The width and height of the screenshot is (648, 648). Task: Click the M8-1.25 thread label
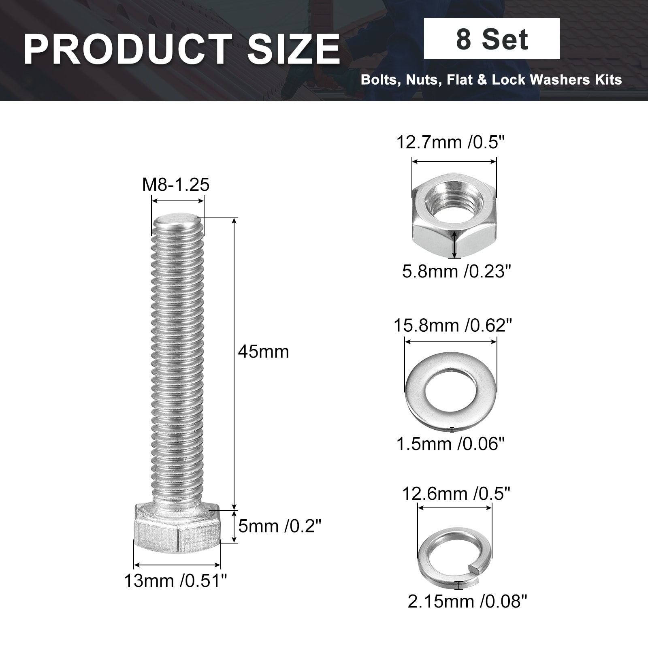175,185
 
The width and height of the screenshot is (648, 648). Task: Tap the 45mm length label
263,352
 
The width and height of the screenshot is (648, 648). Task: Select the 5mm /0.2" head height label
279,526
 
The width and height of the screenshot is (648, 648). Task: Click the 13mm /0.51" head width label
175,581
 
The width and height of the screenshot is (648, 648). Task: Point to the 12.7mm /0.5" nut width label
450,143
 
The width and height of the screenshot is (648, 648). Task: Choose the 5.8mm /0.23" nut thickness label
456,271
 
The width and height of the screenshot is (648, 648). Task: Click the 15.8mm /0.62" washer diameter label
453,325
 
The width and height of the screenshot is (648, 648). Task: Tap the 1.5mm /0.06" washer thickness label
450,444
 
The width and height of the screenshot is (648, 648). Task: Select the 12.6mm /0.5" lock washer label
456,494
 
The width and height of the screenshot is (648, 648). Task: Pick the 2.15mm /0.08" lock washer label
467,601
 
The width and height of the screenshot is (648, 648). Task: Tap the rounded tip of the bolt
177,221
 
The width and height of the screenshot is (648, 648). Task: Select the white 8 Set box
491,39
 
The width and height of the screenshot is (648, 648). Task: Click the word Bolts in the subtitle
378,79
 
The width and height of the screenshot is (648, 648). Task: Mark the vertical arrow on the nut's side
455,244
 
